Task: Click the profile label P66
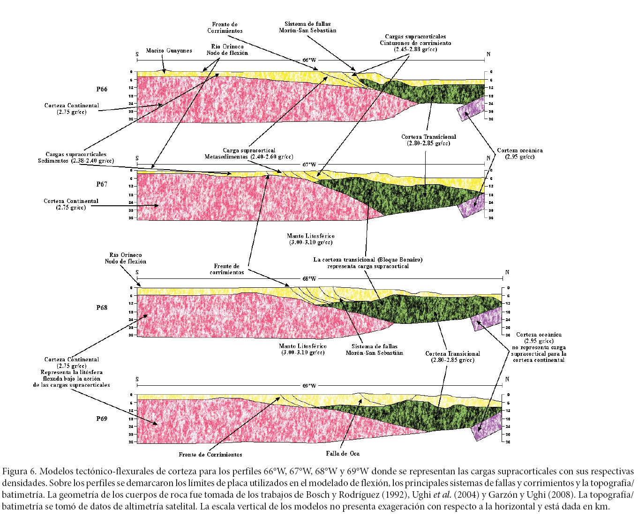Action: click(102, 89)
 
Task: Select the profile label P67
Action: click(102, 184)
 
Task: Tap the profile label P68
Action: click(102, 307)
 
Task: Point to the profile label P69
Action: click(102, 419)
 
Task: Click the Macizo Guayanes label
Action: click(169, 51)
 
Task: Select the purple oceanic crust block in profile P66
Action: click(474, 110)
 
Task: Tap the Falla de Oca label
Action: click(343, 453)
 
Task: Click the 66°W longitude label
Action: click(309, 60)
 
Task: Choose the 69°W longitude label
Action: click(309, 386)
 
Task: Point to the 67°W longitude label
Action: click(309, 165)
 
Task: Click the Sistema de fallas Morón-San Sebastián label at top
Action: click(310, 27)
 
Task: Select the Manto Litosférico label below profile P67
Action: click(311, 239)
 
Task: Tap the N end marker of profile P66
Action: click(488, 54)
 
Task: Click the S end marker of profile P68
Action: click(137, 272)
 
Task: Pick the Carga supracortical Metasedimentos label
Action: click(249, 154)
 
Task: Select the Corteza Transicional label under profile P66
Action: click(428, 140)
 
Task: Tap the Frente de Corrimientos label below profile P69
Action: click(210, 454)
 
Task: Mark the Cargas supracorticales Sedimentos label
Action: click(76, 157)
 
